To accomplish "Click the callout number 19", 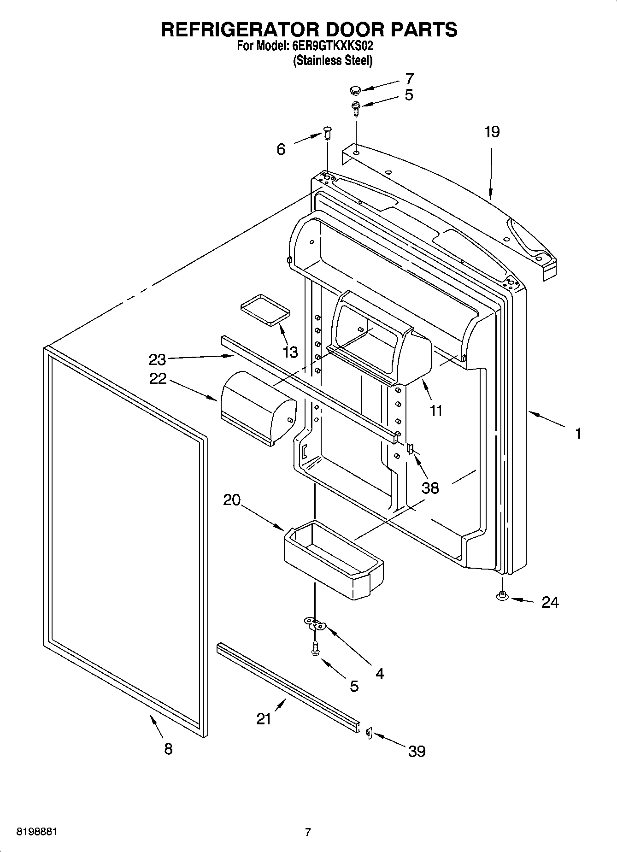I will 492,132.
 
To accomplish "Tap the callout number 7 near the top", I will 409,79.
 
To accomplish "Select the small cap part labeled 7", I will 354,89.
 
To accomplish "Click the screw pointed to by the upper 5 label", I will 355,107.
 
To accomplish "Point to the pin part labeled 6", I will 327,134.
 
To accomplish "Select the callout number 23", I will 157,359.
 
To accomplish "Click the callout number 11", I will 435,411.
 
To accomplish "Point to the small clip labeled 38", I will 410,448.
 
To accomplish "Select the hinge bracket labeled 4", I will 315,624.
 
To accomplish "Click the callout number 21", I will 264,718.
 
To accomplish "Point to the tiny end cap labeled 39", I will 368,732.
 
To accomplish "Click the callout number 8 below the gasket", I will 168,749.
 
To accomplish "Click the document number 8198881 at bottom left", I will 37,832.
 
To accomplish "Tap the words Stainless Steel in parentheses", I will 332,60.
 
